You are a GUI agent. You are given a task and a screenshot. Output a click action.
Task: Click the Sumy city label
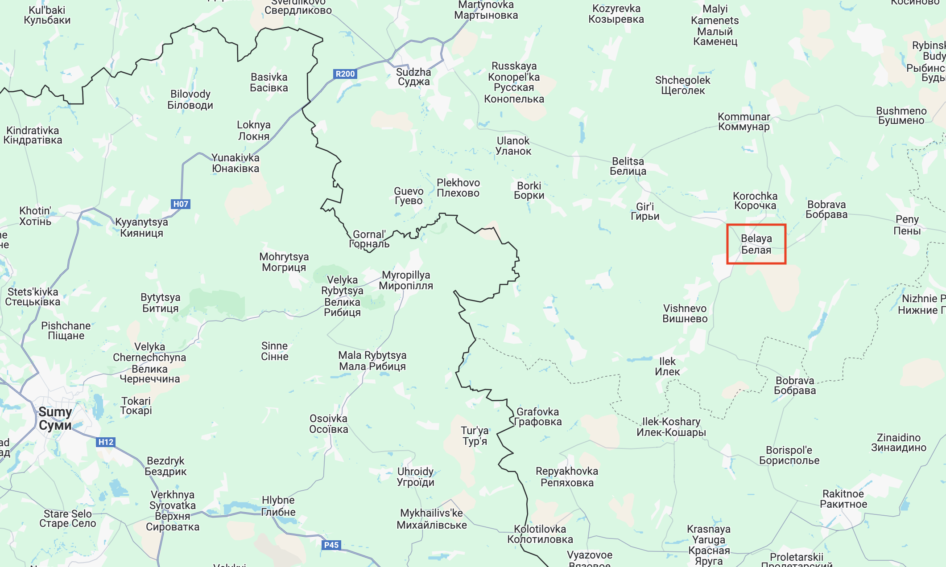[55, 418]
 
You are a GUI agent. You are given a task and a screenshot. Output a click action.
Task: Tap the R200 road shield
[345, 74]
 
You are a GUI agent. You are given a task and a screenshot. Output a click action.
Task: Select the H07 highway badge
[181, 204]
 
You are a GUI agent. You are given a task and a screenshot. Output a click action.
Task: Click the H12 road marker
[106, 442]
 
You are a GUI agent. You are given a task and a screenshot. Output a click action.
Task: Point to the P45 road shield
[331, 545]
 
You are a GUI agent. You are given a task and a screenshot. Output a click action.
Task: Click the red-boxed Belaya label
[756, 244]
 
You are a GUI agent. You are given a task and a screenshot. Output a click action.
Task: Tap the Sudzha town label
[413, 77]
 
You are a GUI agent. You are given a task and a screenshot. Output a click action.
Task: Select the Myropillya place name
[406, 280]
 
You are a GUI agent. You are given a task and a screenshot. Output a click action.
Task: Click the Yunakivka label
[235, 163]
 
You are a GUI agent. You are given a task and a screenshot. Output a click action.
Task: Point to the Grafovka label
[537, 417]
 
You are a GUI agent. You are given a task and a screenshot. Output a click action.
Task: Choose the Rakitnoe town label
[843, 499]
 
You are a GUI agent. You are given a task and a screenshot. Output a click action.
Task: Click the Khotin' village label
[35, 216]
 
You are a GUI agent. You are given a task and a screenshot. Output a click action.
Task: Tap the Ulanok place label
[513, 146]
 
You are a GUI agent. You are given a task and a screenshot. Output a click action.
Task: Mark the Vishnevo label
[685, 313]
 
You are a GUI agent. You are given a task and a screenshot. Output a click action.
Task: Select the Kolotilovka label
[540, 534]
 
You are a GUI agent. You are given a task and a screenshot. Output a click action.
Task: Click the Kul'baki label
[47, 15]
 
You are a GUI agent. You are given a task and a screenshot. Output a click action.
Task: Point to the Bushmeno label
[901, 115]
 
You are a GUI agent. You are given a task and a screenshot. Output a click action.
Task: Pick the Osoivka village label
[329, 424]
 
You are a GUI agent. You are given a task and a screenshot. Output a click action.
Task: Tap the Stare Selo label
[68, 518]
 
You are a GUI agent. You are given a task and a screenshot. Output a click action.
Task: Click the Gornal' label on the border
[369, 239]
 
